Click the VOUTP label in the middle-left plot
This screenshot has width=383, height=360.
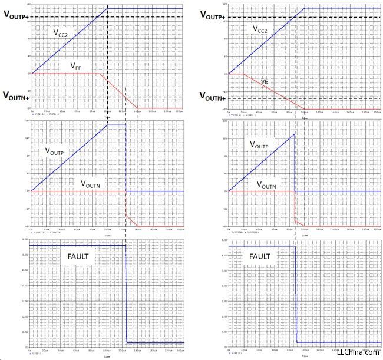(57, 151)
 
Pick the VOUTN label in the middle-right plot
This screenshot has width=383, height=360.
(268, 184)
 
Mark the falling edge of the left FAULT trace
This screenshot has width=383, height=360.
(126, 295)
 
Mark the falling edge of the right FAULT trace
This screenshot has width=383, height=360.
(295, 295)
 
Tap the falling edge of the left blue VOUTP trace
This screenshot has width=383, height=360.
(126, 159)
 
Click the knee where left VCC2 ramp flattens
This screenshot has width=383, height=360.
(107, 8)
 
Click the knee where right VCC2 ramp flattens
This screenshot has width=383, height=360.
(304, 8)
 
